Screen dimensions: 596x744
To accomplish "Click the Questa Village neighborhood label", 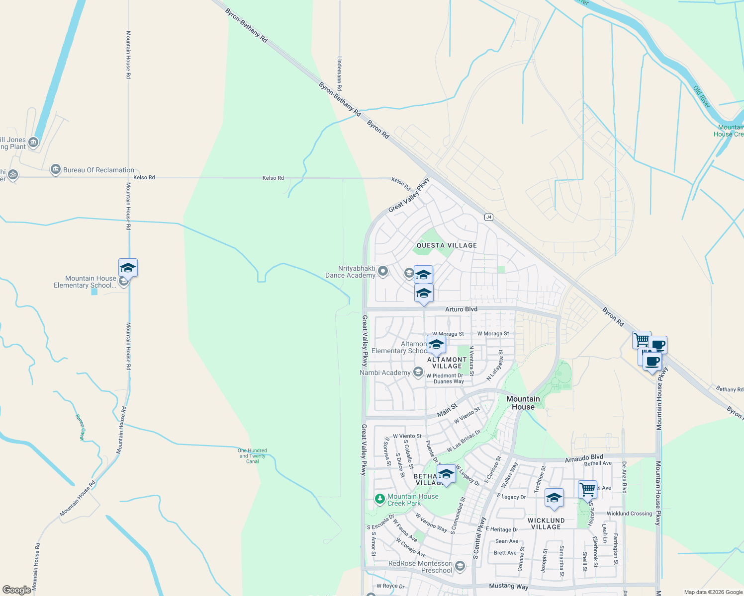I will [x=447, y=245].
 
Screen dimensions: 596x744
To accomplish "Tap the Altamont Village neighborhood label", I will [x=447, y=363].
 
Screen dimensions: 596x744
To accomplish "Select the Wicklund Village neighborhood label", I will [x=546, y=524].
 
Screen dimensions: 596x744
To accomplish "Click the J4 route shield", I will [x=489, y=217].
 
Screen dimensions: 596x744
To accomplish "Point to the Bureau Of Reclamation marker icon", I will [x=56, y=170].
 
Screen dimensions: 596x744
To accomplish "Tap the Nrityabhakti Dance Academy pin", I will [x=383, y=271].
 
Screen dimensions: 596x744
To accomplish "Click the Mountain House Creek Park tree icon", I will [x=380, y=499].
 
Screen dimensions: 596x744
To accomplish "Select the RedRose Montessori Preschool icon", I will [x=460, y=566].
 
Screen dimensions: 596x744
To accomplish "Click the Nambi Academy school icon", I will [x=418, y=372].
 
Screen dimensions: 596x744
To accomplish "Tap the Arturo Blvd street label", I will [x=461, y=309].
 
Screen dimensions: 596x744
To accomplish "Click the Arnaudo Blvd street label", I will [x=584, y=457].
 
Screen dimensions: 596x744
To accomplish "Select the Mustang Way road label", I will [x=508, y=587].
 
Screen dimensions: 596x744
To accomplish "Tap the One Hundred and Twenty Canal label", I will [x=252, y=456].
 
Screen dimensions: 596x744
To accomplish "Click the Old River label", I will [x=702, y=97].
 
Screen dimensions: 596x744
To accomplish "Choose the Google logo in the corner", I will [x=16, y=590].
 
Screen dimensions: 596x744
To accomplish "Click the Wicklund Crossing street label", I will [x=629, y=514].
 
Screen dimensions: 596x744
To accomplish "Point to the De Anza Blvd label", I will [x=624, y=477].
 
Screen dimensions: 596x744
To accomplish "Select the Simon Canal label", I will [x=80, y=427].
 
